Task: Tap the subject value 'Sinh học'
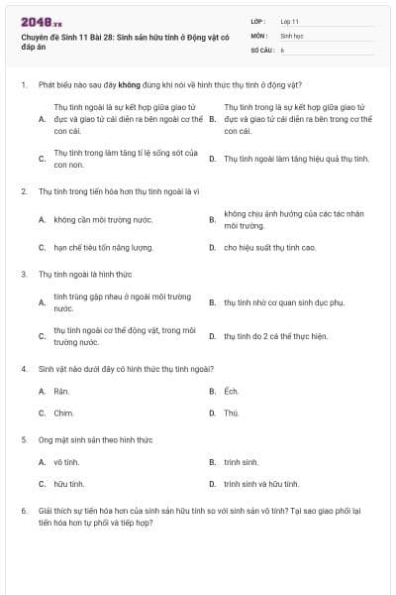[291, 34]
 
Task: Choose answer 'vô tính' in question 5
[66, 462]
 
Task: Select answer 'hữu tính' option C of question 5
[68, 484]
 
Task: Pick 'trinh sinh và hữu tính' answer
[261, 484]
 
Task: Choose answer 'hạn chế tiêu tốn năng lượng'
[103, 247]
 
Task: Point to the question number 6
[23, 510]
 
